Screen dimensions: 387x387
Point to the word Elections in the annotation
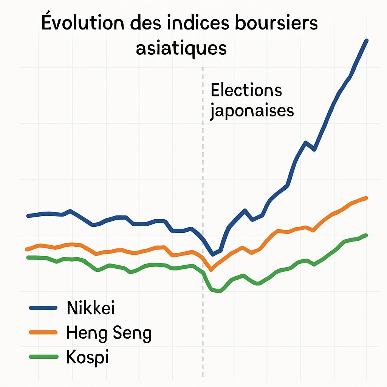(x=246, y=91)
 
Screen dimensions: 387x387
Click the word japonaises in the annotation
(x=252, y=111)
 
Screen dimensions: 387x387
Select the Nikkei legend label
(x=90, y=308)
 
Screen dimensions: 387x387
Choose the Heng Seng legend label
(x=108, y=333)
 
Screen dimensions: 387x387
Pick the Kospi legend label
(x=87, y=357)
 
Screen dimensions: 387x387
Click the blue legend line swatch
(x=43, y=308)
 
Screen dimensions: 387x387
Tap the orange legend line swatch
(x=43, y=333)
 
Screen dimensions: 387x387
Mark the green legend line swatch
(x=43, y=357)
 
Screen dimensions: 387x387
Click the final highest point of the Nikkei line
(x=366, y=40)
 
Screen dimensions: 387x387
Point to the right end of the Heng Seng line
(x=366, y=198)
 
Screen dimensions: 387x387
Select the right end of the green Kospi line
(x=366, y=235)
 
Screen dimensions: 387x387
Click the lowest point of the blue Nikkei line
(x=213, y=254)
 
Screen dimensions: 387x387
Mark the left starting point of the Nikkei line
(x=28, y=216)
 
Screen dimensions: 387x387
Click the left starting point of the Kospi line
(x=28, y=257)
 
